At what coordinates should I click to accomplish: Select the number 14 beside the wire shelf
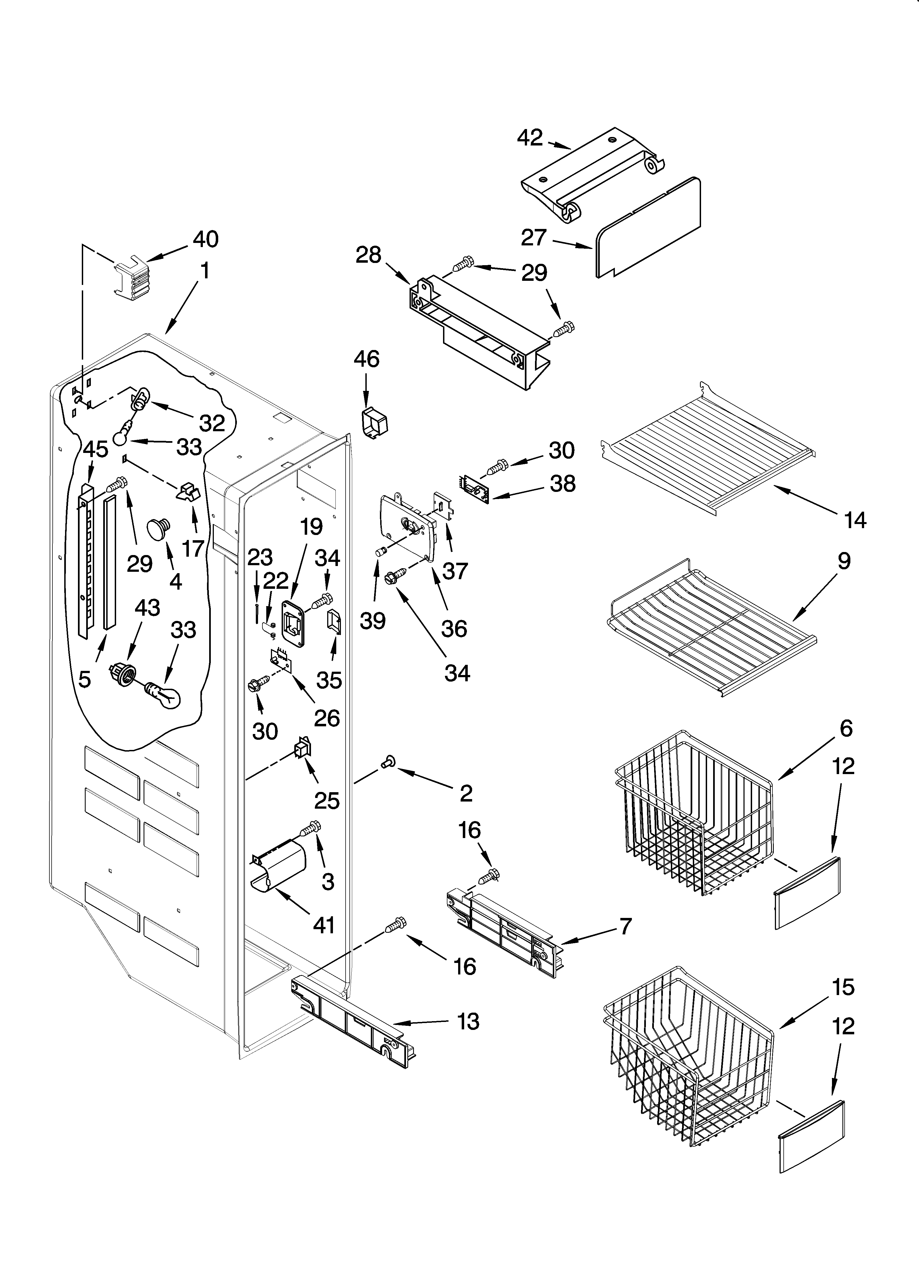coord(855,520)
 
